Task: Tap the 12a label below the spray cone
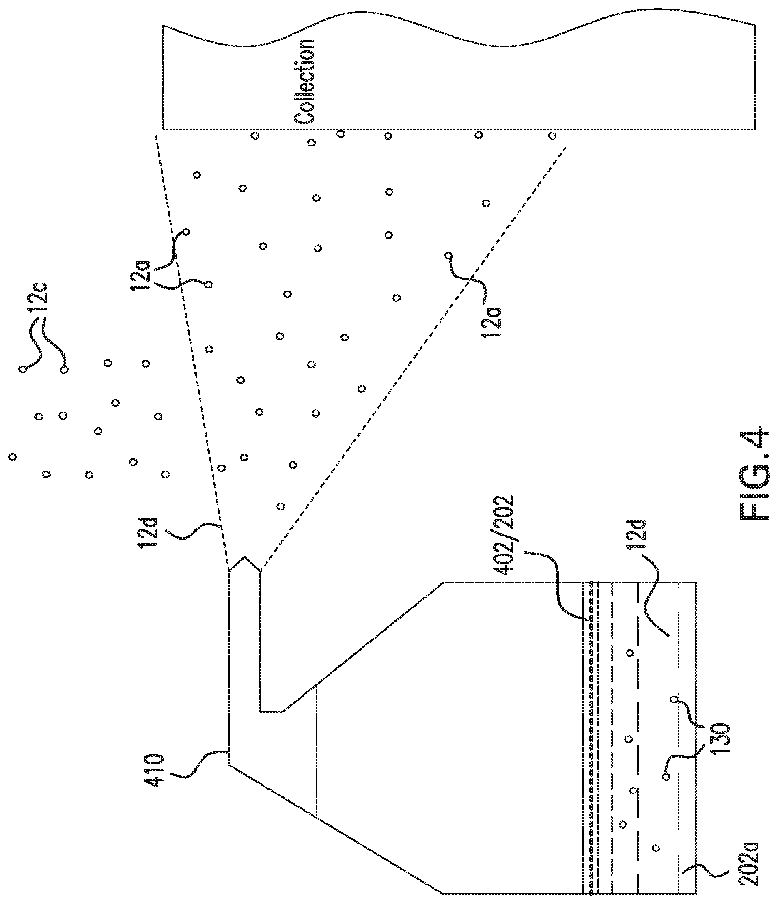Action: pyautogui.click(x=491, y=322)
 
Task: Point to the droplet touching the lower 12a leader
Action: pyautogui.click(x=448, y=255)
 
